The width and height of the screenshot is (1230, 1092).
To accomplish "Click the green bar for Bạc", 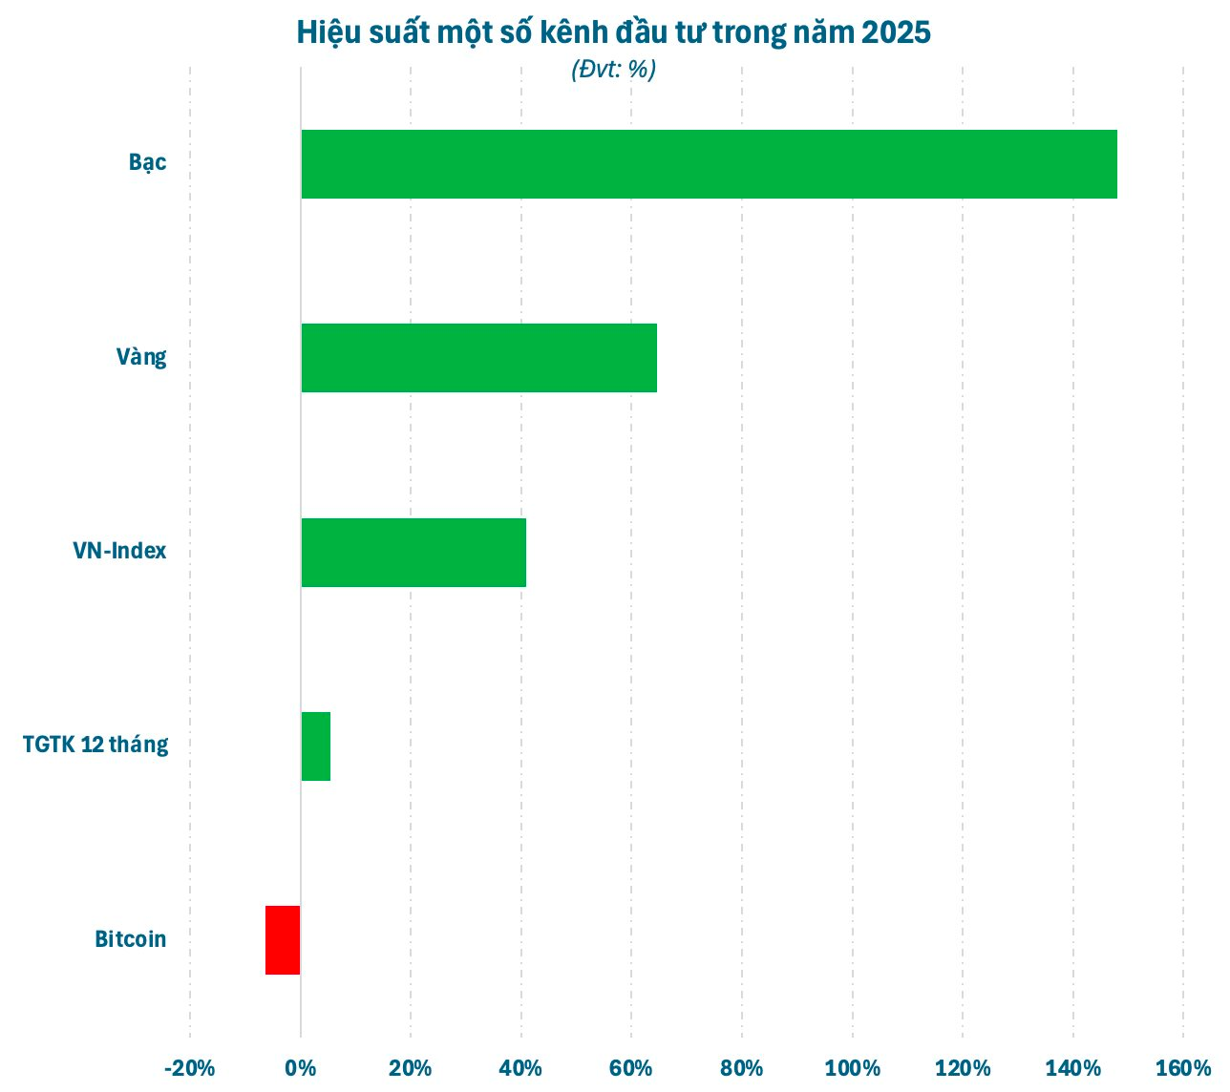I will [709, 164].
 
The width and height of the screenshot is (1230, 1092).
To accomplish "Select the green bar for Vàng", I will [478, 358].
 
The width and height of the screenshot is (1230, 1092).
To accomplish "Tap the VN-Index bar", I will [414, 553].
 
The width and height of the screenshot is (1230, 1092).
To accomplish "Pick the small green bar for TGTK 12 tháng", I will [316, 746].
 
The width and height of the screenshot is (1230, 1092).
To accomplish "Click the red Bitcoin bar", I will [283, 940].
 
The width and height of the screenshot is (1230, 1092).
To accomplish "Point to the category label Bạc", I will [148, 162].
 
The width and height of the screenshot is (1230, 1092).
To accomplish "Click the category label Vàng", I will [141, 357].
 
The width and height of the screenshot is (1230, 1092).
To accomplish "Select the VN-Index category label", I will [119, 551].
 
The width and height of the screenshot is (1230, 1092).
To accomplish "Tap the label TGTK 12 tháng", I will [95, 745].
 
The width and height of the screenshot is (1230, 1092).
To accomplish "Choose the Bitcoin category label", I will [131, 939].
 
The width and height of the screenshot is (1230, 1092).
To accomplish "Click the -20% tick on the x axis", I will [189, 1068].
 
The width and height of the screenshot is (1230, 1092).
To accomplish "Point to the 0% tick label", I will [301, 1068].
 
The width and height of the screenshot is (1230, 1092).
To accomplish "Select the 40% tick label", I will [521, 1068].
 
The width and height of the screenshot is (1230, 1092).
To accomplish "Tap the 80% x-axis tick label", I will [742, 1068].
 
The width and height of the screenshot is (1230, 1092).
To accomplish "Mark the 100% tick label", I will [852, 1068].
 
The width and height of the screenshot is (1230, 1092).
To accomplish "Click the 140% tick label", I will [1072, 1068].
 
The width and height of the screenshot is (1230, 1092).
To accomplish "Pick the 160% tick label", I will [1183, 1068].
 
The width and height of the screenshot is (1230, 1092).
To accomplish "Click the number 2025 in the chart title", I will [895, 32].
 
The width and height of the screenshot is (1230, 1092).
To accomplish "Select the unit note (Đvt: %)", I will [614, 70].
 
